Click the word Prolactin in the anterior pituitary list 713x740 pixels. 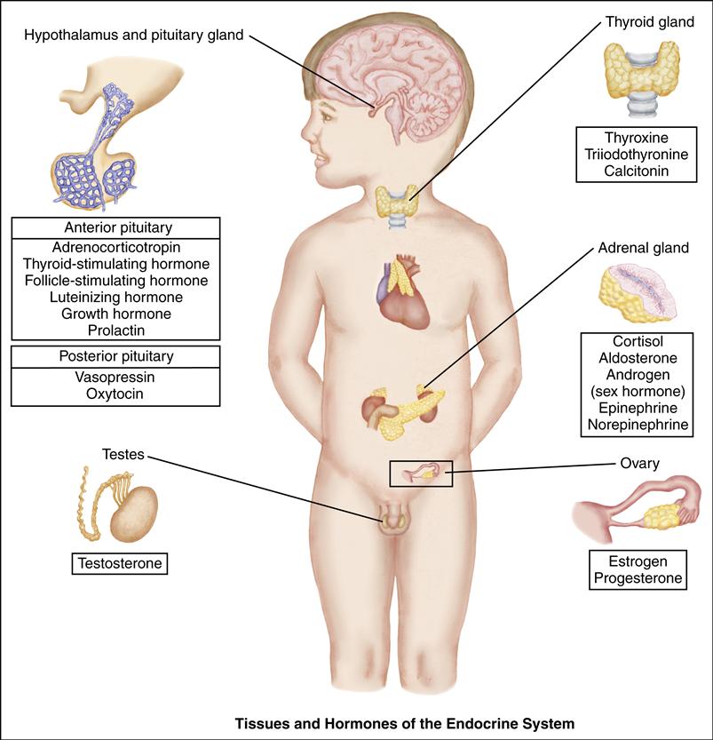(x=116, y=330)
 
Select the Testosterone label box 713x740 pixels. (x=121, y=563)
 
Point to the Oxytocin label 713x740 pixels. (x=116, y=392)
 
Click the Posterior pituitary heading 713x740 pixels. (x=116, y=356)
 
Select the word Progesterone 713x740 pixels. (x=638, y=578)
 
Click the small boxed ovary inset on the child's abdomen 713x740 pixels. (x=421, y=473)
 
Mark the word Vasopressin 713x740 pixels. (x=116, y=376)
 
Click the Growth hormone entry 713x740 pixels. (x=116, y=314)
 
